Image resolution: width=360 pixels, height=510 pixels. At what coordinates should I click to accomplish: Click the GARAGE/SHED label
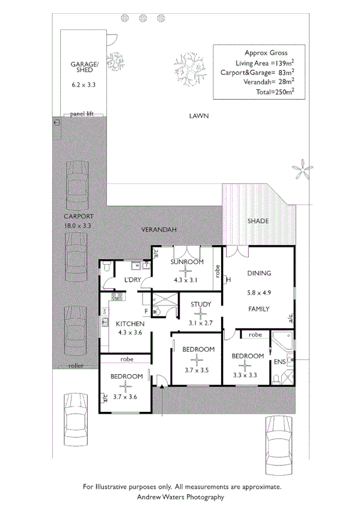[x=84, y=67]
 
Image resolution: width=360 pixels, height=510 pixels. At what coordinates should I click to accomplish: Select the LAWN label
[x=197, y=116]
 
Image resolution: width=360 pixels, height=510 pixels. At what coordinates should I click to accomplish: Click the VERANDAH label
[x=158, y=230]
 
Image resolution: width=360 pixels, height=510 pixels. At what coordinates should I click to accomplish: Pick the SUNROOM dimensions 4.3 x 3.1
[x=186, y=280]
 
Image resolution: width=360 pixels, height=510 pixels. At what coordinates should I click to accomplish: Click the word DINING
[x=259, y=273]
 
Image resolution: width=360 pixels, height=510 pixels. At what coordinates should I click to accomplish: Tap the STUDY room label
[x=201, y=304]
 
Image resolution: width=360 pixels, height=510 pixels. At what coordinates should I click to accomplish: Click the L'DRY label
[x=132, y=280]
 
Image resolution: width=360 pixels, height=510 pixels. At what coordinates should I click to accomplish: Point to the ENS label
[x=279, y=362]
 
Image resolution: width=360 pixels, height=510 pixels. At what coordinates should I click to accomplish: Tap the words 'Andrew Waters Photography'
[x=180, y=497]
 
